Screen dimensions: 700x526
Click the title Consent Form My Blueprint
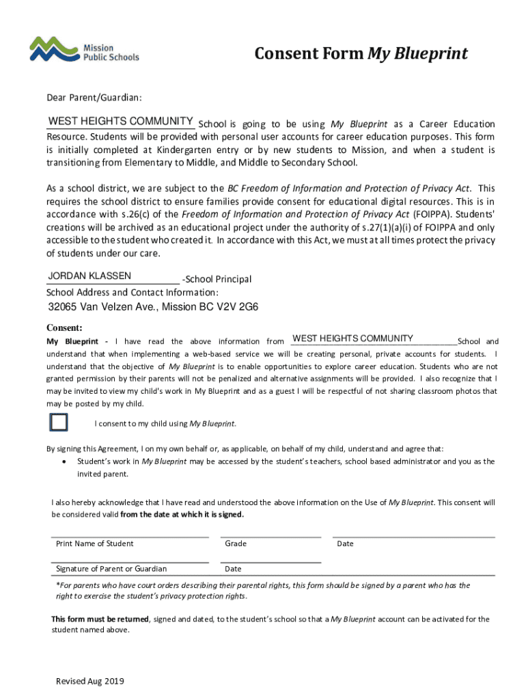tap(361, 53)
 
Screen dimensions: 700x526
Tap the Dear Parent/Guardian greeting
tap(94, 98)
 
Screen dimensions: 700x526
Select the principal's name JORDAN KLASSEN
tap(89, 277)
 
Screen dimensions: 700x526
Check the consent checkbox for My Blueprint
tap(59, 422)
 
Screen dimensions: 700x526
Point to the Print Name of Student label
tap(94, 543)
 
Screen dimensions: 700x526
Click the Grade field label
tap(236, 543)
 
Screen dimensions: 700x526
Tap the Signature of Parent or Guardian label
tap(111, 569)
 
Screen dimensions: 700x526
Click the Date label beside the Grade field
tap(345, 543)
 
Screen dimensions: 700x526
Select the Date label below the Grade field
tap(233, 569)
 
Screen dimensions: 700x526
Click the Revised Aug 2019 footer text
tap(90, 682)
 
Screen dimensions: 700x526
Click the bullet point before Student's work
tap(64, 462)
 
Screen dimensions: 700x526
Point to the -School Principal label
tap(217, 280)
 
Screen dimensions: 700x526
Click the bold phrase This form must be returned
tap(100, 619)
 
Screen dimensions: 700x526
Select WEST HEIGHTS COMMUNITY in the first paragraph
tap(120, 122)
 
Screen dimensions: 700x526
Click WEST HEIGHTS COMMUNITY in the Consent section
tap(352, 338)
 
